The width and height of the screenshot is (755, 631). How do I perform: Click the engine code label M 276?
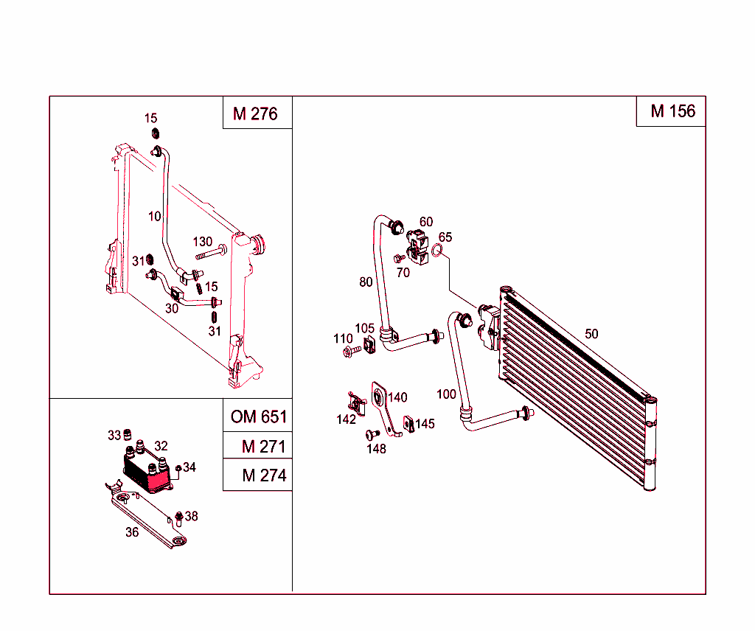click(x=255, y=114)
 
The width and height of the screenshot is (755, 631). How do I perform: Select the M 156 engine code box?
click(x=672, y=111)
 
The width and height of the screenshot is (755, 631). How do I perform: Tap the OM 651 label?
click(x=258, y=416)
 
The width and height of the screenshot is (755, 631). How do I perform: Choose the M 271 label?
click(x=263, y=447)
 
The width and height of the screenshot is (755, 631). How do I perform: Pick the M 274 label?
click(x=263, y=476)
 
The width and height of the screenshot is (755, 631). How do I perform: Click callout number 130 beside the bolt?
click(x=203, y=242)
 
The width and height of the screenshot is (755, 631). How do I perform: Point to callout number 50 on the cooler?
click(x=591, y=334)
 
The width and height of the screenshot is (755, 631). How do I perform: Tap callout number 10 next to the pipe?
click(x=154, y=216)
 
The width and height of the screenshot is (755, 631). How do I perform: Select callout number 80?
click(x=366, y=282)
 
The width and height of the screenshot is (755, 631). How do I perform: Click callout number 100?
click(x=446, y=394)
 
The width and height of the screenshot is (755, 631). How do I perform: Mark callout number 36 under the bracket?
click(x=132, y=532)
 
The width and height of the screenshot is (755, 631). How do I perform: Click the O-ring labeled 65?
click(x=438, y=252)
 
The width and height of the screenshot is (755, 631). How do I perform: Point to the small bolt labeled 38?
click(x=178, y=516)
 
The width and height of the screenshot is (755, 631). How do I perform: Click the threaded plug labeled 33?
click(x=126, y=433)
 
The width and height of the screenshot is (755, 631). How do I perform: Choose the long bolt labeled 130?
click(x=209, y=255)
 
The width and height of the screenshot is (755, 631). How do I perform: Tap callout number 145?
click(x=425, y=424)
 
